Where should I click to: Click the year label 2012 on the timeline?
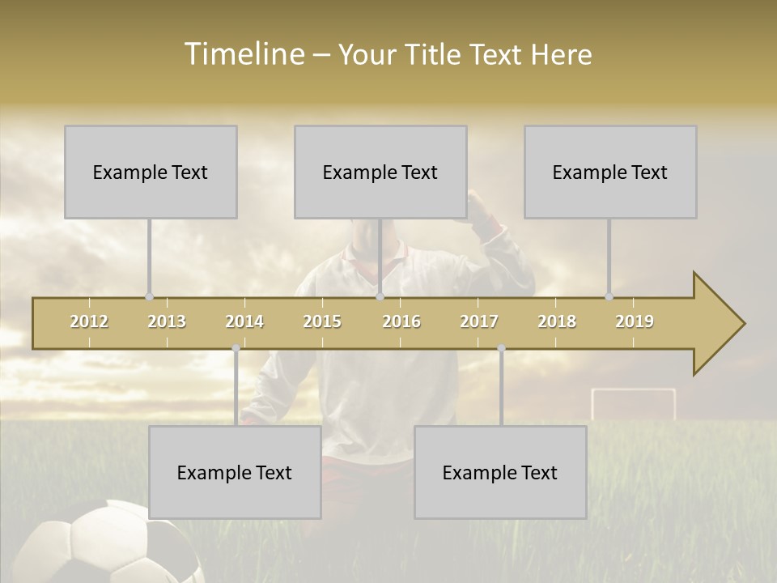(x=89, y=321)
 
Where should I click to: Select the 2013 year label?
(x=167, y=321)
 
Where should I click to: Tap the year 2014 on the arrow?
(x=244, y=321)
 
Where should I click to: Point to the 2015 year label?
(x=322, y=321)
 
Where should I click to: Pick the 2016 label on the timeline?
(x=401, y=321)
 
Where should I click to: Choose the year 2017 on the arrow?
(x=479, y=321)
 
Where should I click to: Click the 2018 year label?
(x=557, y=321)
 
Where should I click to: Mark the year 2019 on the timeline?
(x=635, y=321)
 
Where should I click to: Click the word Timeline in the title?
(x=242, y=54)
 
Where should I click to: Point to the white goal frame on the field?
(x=633, y=402)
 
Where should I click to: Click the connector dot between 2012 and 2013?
(x=149, y=297)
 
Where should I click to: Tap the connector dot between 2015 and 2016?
(x=380, y=297)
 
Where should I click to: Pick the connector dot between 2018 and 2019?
(x=609, y=297)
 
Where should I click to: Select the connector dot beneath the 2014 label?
(x=236, y=348)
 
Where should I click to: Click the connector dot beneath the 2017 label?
(x=501, y=348)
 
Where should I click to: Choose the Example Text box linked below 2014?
(x=235, y=472)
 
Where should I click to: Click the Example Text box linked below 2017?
(x=500, y=472)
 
